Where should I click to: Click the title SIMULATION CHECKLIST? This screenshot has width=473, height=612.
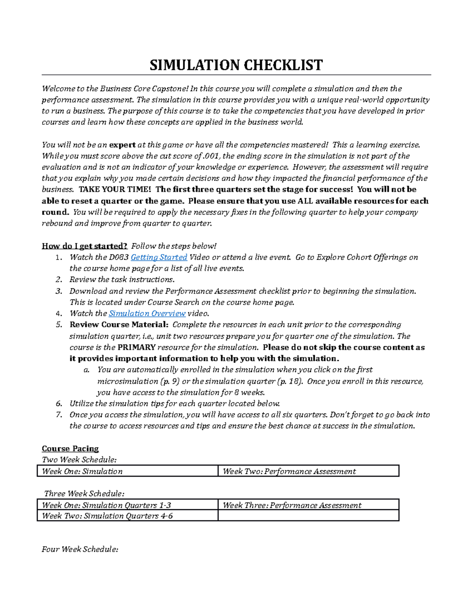[x=236, y=65]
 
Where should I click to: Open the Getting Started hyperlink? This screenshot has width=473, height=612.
[x=159, y=257]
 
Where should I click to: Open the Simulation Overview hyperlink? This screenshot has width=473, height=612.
[x=147, y=313]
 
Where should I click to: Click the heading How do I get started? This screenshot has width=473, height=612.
[x=84, y=246]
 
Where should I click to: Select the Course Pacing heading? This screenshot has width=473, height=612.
[x=70, y=448]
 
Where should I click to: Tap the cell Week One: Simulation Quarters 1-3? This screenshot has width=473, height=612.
[x=106, y=505]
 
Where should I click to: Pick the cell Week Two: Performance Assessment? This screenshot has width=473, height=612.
[x=289, y=471]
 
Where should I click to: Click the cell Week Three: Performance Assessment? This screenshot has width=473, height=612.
[x=292, y=505]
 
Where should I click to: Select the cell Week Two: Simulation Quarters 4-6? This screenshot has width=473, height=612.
[x=107, y=516]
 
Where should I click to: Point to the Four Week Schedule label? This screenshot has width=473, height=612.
[x=80, y=549]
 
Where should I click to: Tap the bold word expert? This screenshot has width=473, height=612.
[x=122, y=145]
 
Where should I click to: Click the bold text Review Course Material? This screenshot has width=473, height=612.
[x=119, y=325]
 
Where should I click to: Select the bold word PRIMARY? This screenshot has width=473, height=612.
[x=136, y=348]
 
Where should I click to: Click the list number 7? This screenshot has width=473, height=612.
[x=59, y=415]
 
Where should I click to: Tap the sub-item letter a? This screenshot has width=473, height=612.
[x=86, y=370]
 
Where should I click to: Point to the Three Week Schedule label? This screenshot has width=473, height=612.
[x=84, y=493]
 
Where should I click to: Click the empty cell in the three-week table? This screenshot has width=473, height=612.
[x=308, y=516]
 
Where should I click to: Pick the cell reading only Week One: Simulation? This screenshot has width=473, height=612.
[x=82, y=471]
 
